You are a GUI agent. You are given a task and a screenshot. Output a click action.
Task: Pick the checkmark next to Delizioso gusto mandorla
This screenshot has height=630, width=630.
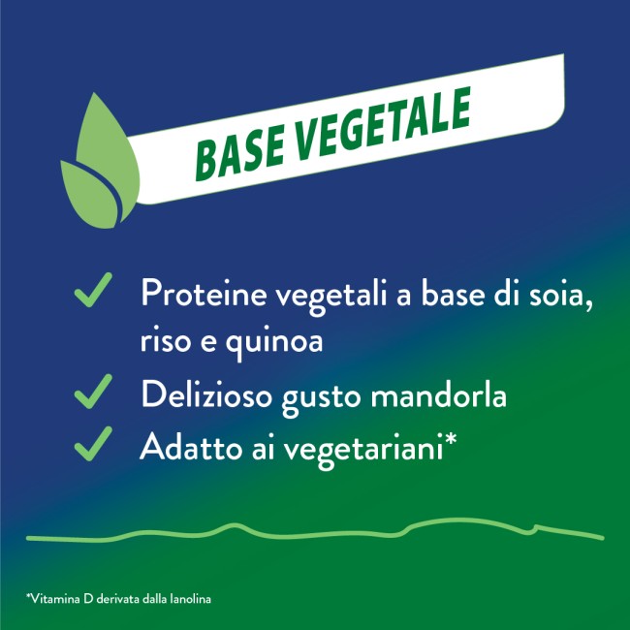point(93,393)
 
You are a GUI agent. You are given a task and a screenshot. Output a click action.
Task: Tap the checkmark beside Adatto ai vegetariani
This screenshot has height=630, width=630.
point(93,445)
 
